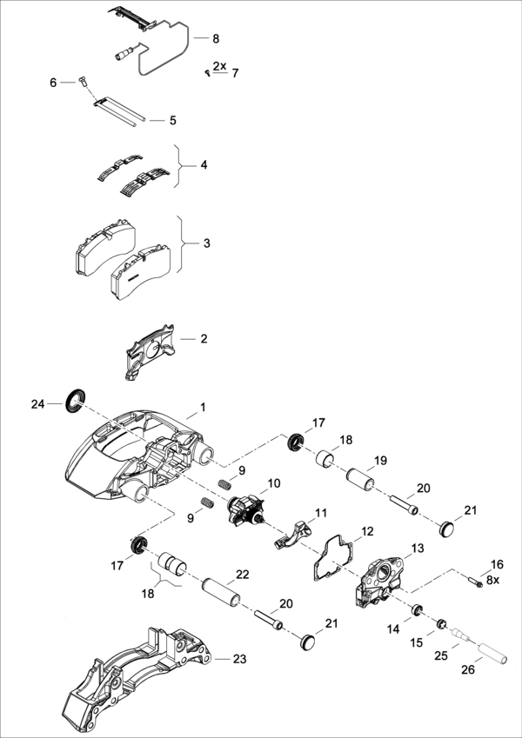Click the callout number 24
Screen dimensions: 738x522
pyautogui.click(x=37, y=404)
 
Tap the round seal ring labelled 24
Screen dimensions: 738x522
pyautogui.click(x=75, y=400)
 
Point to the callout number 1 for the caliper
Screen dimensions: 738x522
pyautogui.click(x=203, y=407)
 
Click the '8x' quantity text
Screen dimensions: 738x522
pyautogui.click(x=492, y=579)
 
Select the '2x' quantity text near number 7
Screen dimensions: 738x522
pyautogui.click(x=219, y=66)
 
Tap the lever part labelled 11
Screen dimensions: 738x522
pyautogui.click(x=293, y=533)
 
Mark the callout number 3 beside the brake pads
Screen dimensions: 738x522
pyautogui.click(x=206, y=243)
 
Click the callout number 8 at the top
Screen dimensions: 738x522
pyautogui.click(x=216, y=39)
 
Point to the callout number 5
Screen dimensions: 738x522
pyautogui.click(x=172, y=120)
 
